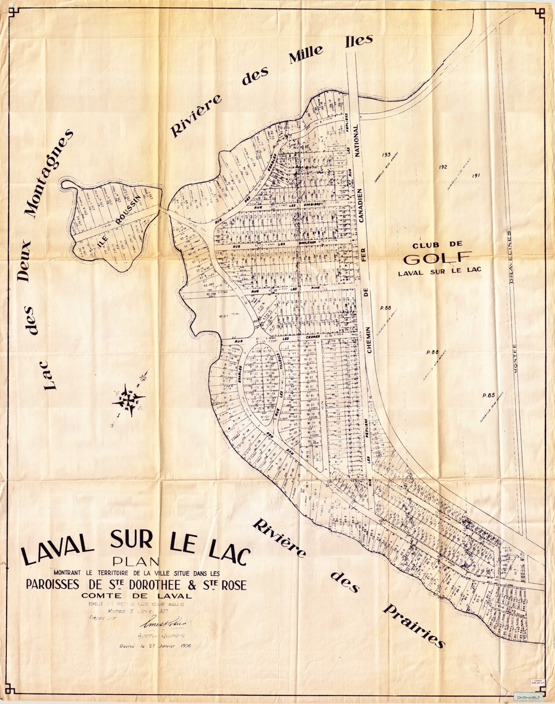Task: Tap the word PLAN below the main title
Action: (136, 561)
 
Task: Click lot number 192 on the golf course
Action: (443, 167)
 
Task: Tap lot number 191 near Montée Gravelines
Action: (477, 175)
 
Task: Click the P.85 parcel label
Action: (489, 396)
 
